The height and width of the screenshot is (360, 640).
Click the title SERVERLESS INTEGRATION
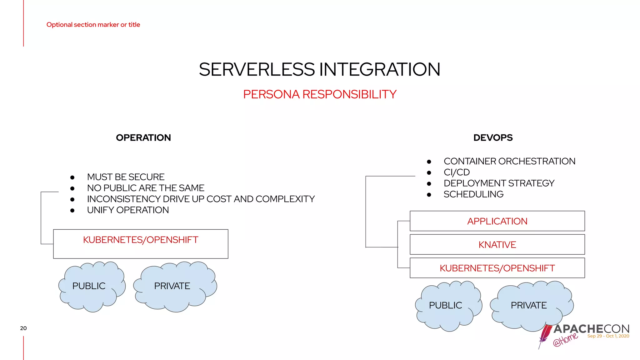pyautogui.click(x=319, y=69)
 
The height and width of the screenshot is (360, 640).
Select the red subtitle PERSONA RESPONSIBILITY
pyautogui.click(x=319, y=94)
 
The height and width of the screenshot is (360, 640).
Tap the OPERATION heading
pyautogui.click(x=143, y=138)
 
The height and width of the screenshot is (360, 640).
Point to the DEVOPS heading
pyautogui.click(x=493, y=138)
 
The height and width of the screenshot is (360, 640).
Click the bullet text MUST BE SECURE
pyautogui.click(x=126, y=177)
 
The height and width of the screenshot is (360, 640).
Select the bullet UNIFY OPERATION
pyautogui.click(x=128, y=210)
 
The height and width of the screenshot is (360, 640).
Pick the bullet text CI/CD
pyautogui.click(x=457, y=172)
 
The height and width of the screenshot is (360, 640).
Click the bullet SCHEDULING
pyautogui.click(x=473, y=194)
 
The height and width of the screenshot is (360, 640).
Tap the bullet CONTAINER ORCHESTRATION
pyautogui.click(x=509, y=161)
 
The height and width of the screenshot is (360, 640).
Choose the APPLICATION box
pyautogui.click(x=497, y=221)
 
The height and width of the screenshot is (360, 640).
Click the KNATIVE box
pyautogui.click(x=497, y=245)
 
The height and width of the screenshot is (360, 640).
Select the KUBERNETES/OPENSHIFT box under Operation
pyautogui.click(x=141, y=244)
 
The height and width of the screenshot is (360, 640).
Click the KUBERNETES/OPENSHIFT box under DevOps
pyautogui.click(x=497, y=268)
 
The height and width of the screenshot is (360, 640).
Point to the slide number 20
pyautogui.click(x=23, y=328)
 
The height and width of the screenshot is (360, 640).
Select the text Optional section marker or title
pyautogui.click(x=93, y=25)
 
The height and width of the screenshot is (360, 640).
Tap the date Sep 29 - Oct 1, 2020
pyautogui.click(x=608, y=336)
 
